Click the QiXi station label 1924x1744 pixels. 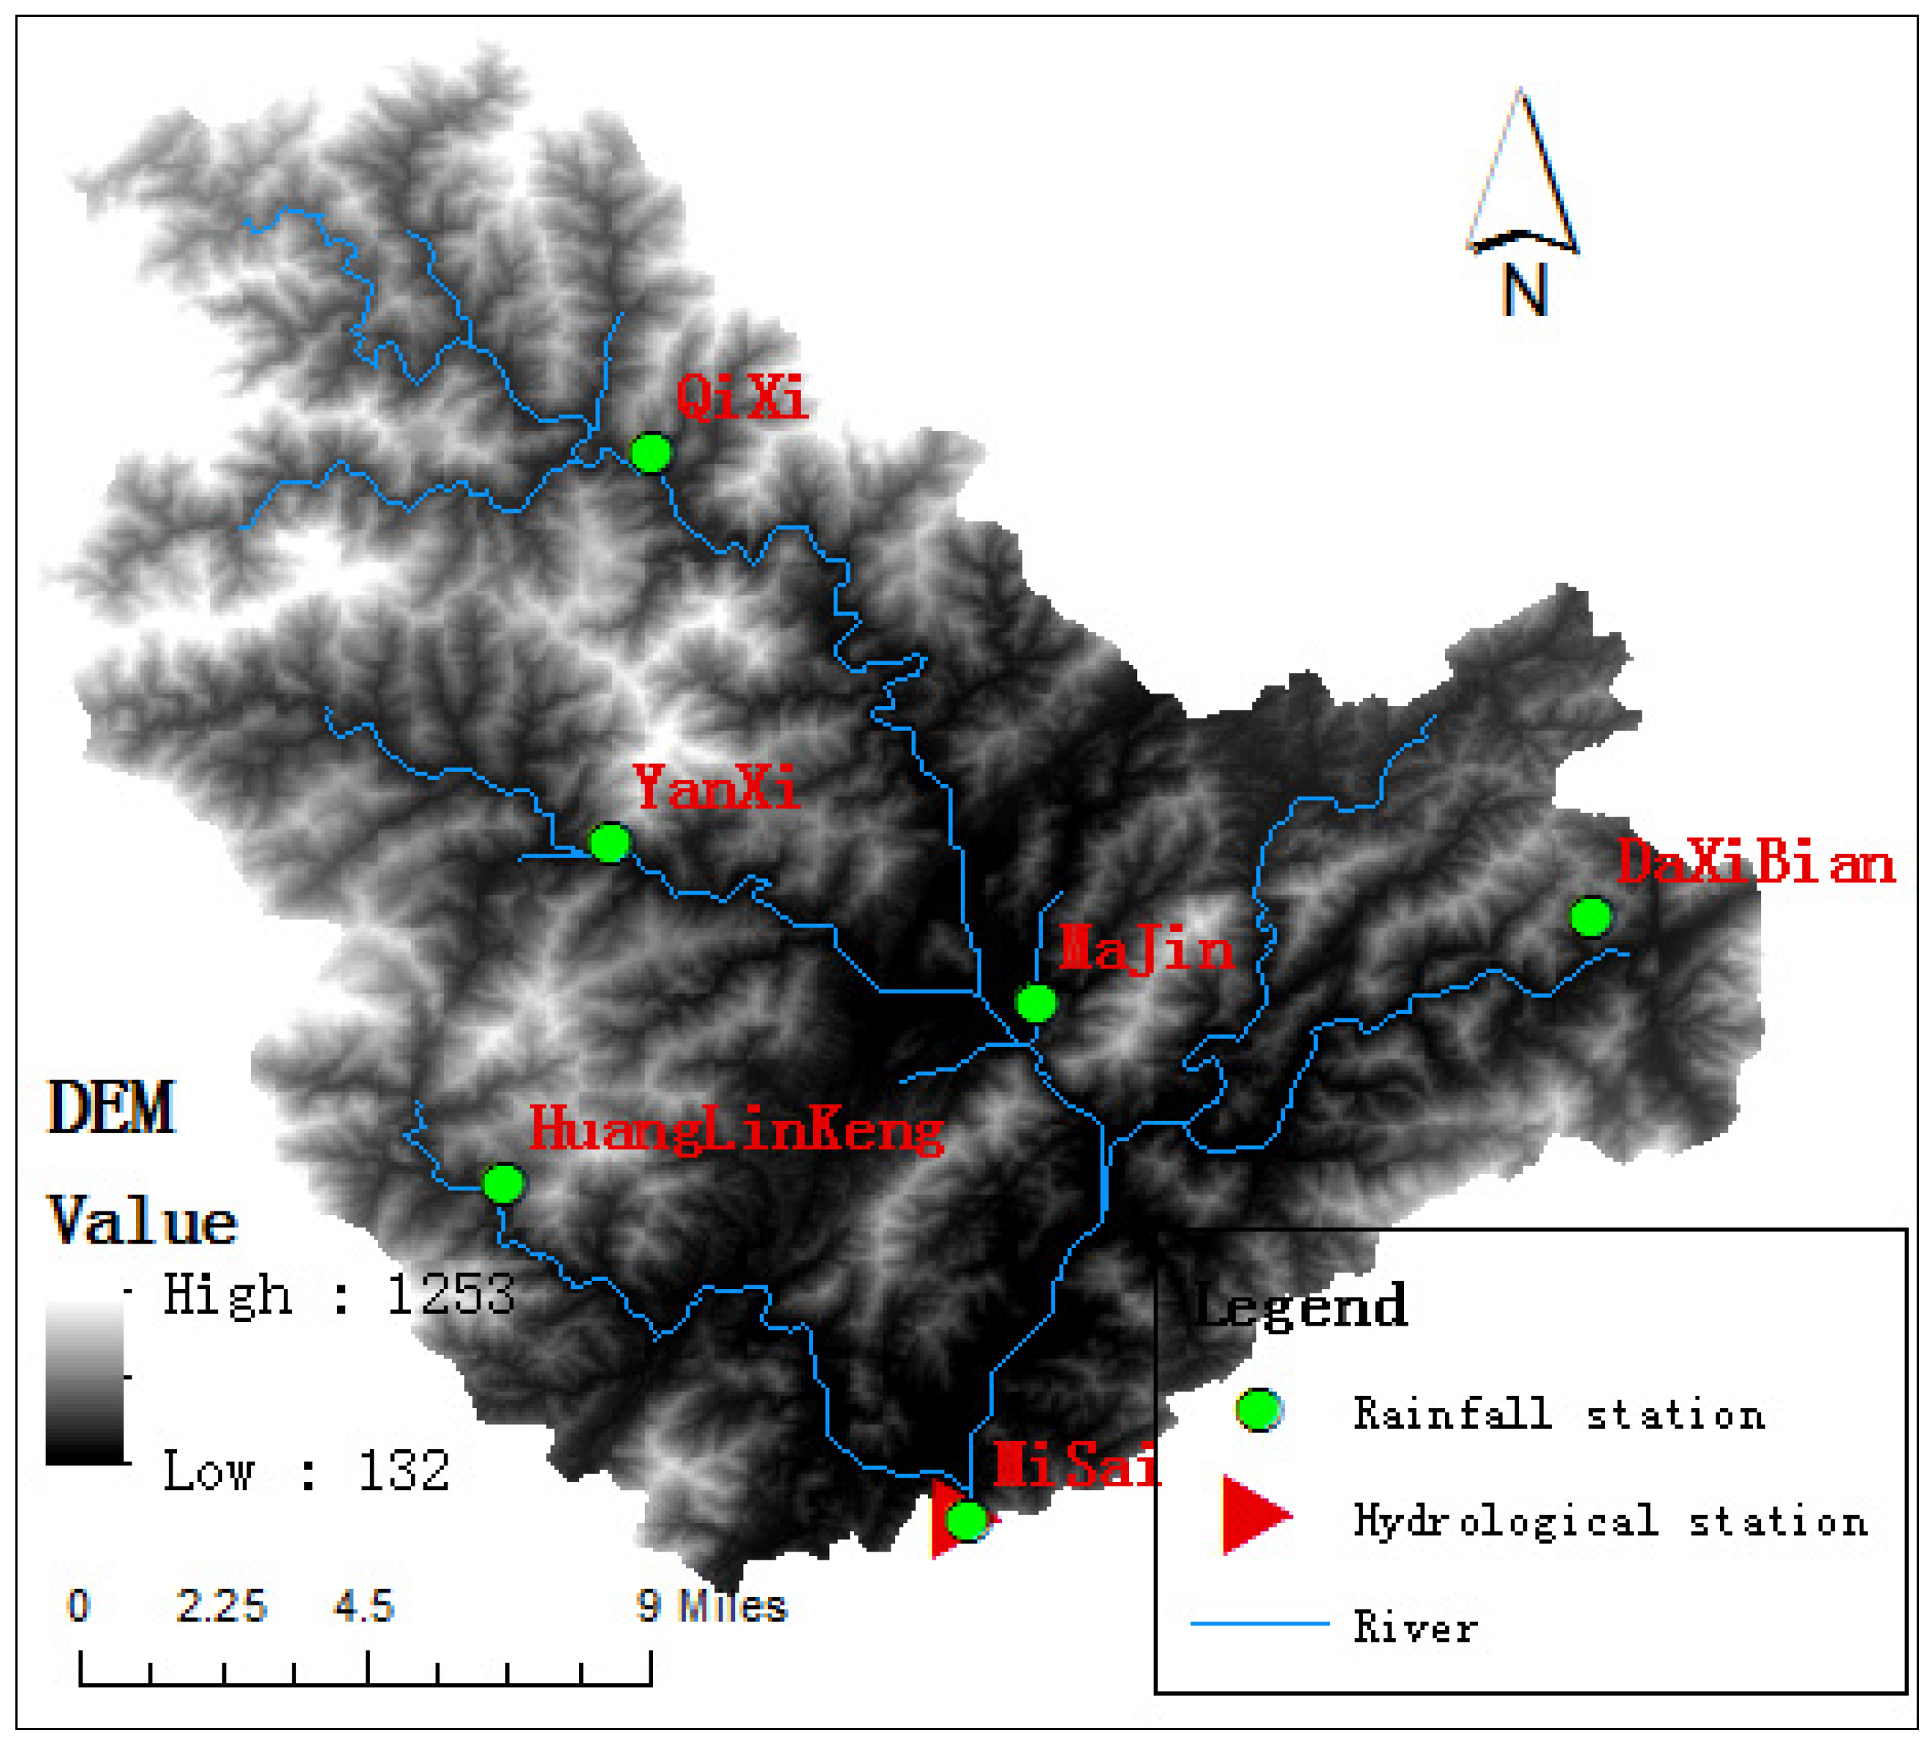(x=742, y=397)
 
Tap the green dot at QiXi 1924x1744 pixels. (x=652, y=453)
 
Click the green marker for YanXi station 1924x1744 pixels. (x=610, y=843)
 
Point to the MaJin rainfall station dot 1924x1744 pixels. (x=1035, y=1003)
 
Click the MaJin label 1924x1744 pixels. (x=1146, y=950)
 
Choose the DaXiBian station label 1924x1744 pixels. (x=1755, y=864)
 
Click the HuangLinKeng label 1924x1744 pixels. (x=736, y=1130)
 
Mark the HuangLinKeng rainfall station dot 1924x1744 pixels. (x=503, y=1184)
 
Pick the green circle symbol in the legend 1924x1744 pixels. (x=1259, y=1410)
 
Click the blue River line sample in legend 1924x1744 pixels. (x=1260, y=1623)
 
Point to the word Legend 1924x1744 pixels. (x=1301, y=1306)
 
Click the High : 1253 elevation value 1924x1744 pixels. (x=339, y=1296)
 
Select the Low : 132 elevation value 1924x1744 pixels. (x=306, y=1470)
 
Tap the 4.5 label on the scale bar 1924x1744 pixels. (x=363, y=1606)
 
